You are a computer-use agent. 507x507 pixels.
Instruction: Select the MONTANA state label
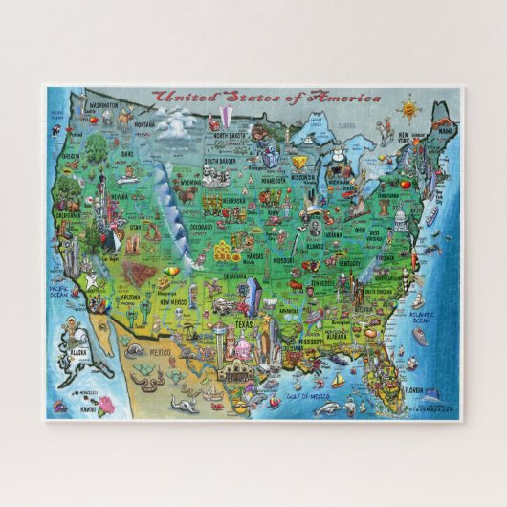pos(144,124)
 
